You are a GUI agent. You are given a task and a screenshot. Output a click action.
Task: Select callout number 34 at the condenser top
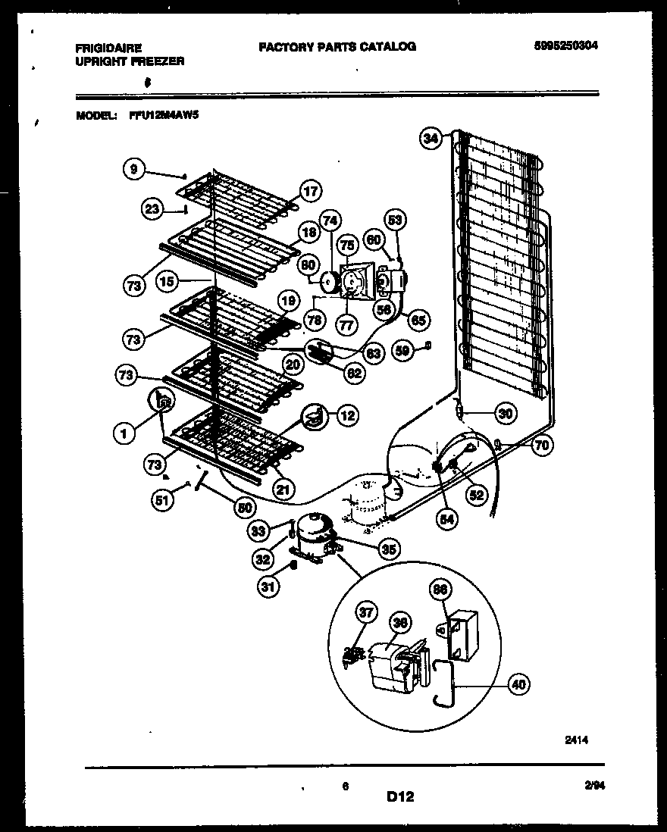431,138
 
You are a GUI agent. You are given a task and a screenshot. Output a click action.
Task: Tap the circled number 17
310,191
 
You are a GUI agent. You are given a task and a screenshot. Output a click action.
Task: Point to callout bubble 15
168,281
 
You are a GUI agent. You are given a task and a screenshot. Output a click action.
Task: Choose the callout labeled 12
346,415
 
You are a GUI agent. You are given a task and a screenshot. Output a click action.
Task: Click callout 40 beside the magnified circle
518,685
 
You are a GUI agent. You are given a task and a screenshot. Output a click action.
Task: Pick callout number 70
540,446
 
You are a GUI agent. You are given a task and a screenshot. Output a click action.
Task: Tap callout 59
404,350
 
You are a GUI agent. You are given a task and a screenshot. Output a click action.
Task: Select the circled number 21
283,490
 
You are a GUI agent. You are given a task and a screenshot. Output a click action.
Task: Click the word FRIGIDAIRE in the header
108,48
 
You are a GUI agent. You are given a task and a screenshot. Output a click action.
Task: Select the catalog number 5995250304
565,45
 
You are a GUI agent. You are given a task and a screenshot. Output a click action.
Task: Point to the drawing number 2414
575,740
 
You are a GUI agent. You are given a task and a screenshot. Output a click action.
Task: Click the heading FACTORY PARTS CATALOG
337,46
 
